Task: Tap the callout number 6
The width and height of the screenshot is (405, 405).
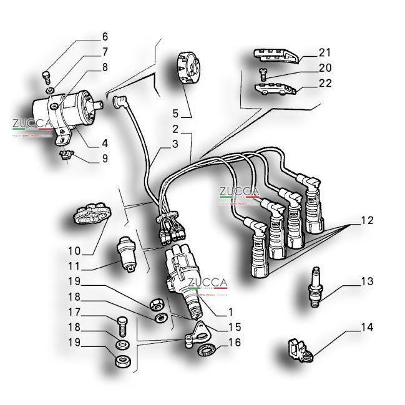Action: (x=105, y=36)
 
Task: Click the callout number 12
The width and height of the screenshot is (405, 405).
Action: (x=368, y=220)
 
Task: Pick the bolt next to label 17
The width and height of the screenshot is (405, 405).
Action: (x=122, y=326)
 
